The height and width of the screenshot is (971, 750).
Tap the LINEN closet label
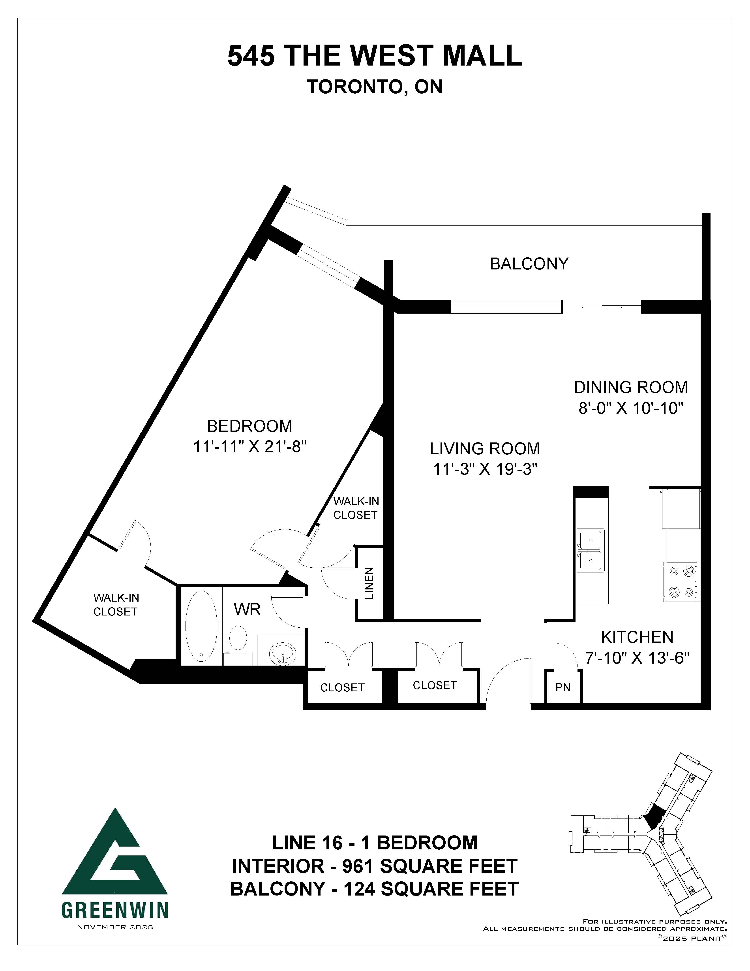click(369, 583)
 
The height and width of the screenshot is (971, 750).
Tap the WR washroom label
click(247, 609)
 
